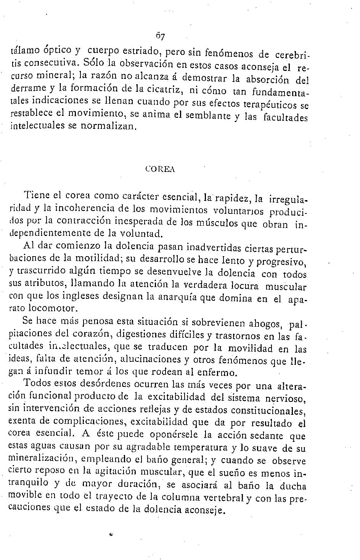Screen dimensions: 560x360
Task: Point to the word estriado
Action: (x=139, y=51)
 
